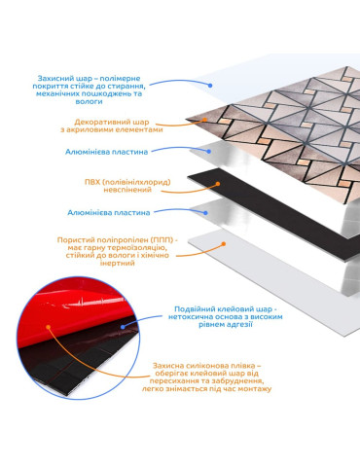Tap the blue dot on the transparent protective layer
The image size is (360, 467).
(210, 86)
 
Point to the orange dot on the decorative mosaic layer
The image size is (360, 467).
(204, 120)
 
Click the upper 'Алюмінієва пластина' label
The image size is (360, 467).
(107, 152)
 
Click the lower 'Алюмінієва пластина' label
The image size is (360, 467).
(109, 213)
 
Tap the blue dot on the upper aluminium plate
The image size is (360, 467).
(209, 152)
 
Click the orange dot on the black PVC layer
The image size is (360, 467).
(218, 184)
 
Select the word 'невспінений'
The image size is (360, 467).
(127, 190)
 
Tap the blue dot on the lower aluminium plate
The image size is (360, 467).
(205, 213)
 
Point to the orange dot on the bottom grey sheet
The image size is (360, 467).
(223, 244)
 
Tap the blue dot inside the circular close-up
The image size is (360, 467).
(123, 327)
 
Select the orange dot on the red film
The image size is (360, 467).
(49, 327)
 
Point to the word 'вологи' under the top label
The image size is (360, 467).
(89, 101)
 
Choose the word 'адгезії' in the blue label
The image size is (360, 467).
(239, 324)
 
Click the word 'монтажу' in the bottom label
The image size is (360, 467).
(255, 389)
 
